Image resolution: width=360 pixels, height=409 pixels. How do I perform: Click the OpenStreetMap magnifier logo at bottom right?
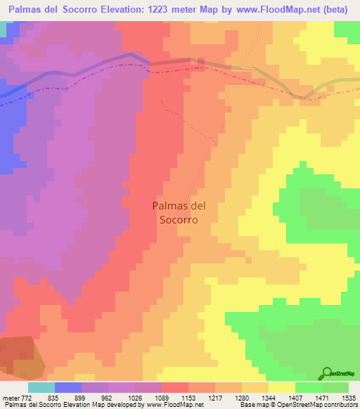click(x=328, y=373)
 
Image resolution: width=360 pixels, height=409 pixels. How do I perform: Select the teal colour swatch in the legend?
click(x=41, y=387)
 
